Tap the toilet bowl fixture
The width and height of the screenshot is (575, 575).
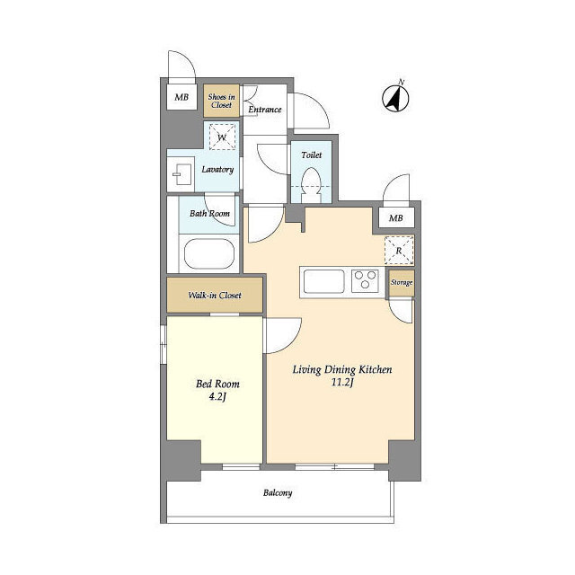click(x=311, y=185)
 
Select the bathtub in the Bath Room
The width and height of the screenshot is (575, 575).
click(x=209, y=253)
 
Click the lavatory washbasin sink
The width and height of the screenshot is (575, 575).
click(x=182, y=174)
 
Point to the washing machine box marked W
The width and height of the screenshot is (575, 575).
click(x=222, y=137)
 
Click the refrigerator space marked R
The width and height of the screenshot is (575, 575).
click(x=399, y=251)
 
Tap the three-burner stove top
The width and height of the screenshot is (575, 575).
click(x=366, y=281)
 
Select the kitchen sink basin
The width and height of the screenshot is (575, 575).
click(x=323, y=281)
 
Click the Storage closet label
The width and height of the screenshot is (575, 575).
click(x=402, y=282)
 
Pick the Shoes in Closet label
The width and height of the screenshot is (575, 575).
click(x=222, y=101)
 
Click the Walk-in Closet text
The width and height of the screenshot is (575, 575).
click(x=215, y=296)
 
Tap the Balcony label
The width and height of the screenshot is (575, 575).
click(x=278, y=492)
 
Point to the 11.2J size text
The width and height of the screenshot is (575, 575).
click(x=342, y=383)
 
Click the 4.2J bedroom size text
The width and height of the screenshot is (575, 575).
click(x=217, y=396)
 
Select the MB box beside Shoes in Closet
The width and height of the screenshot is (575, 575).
click(x=181, y=97)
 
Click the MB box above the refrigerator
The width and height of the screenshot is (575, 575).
click(x=396, y=218)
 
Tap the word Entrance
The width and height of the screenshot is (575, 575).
click(x=265, y=110)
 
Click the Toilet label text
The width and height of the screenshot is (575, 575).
click(x=312, y=155)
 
